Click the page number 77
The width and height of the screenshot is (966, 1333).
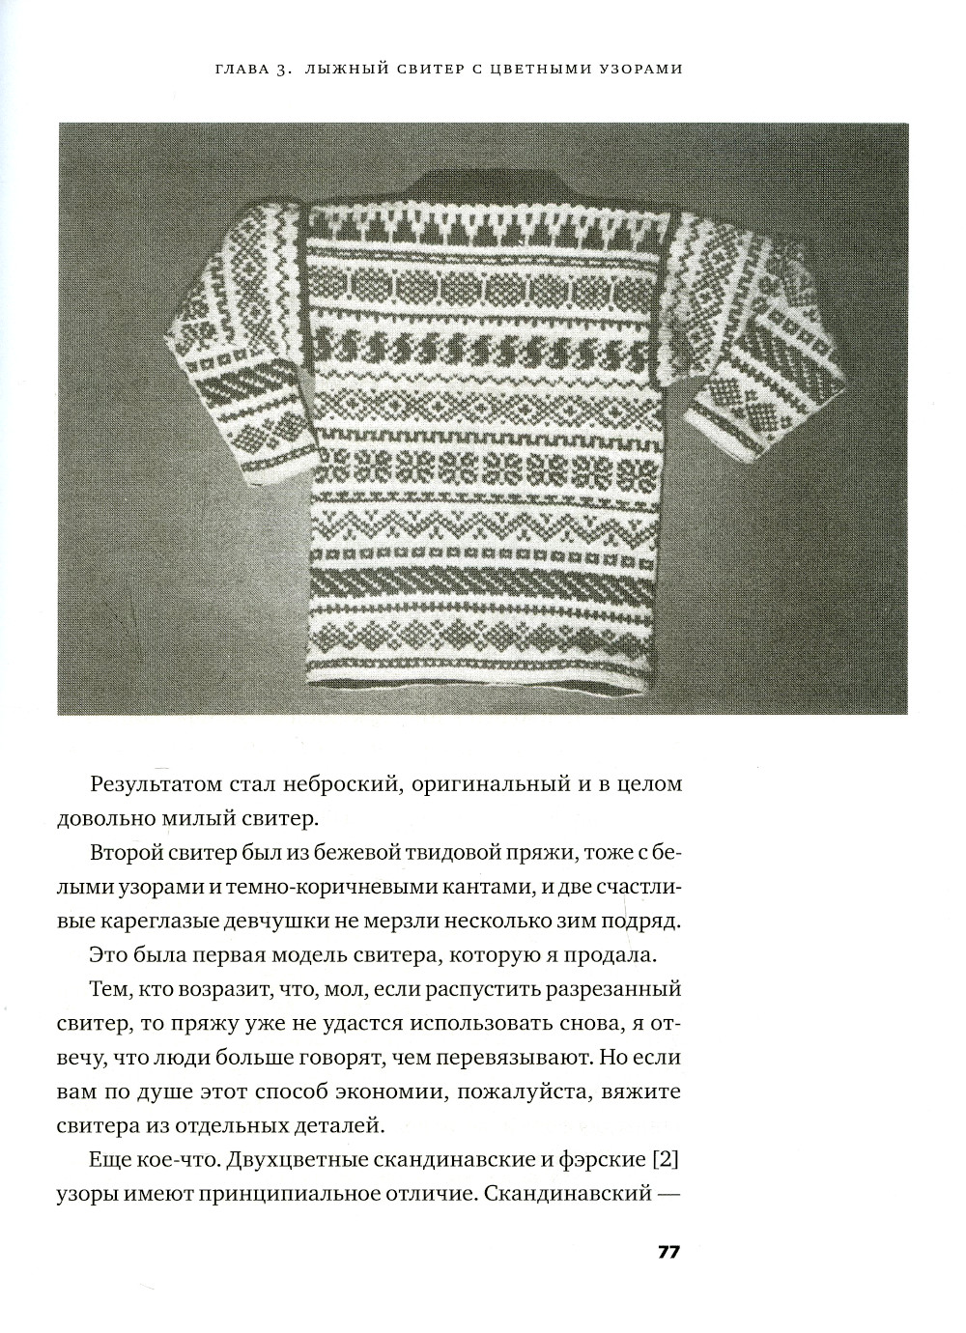click(x=668, y=1253)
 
